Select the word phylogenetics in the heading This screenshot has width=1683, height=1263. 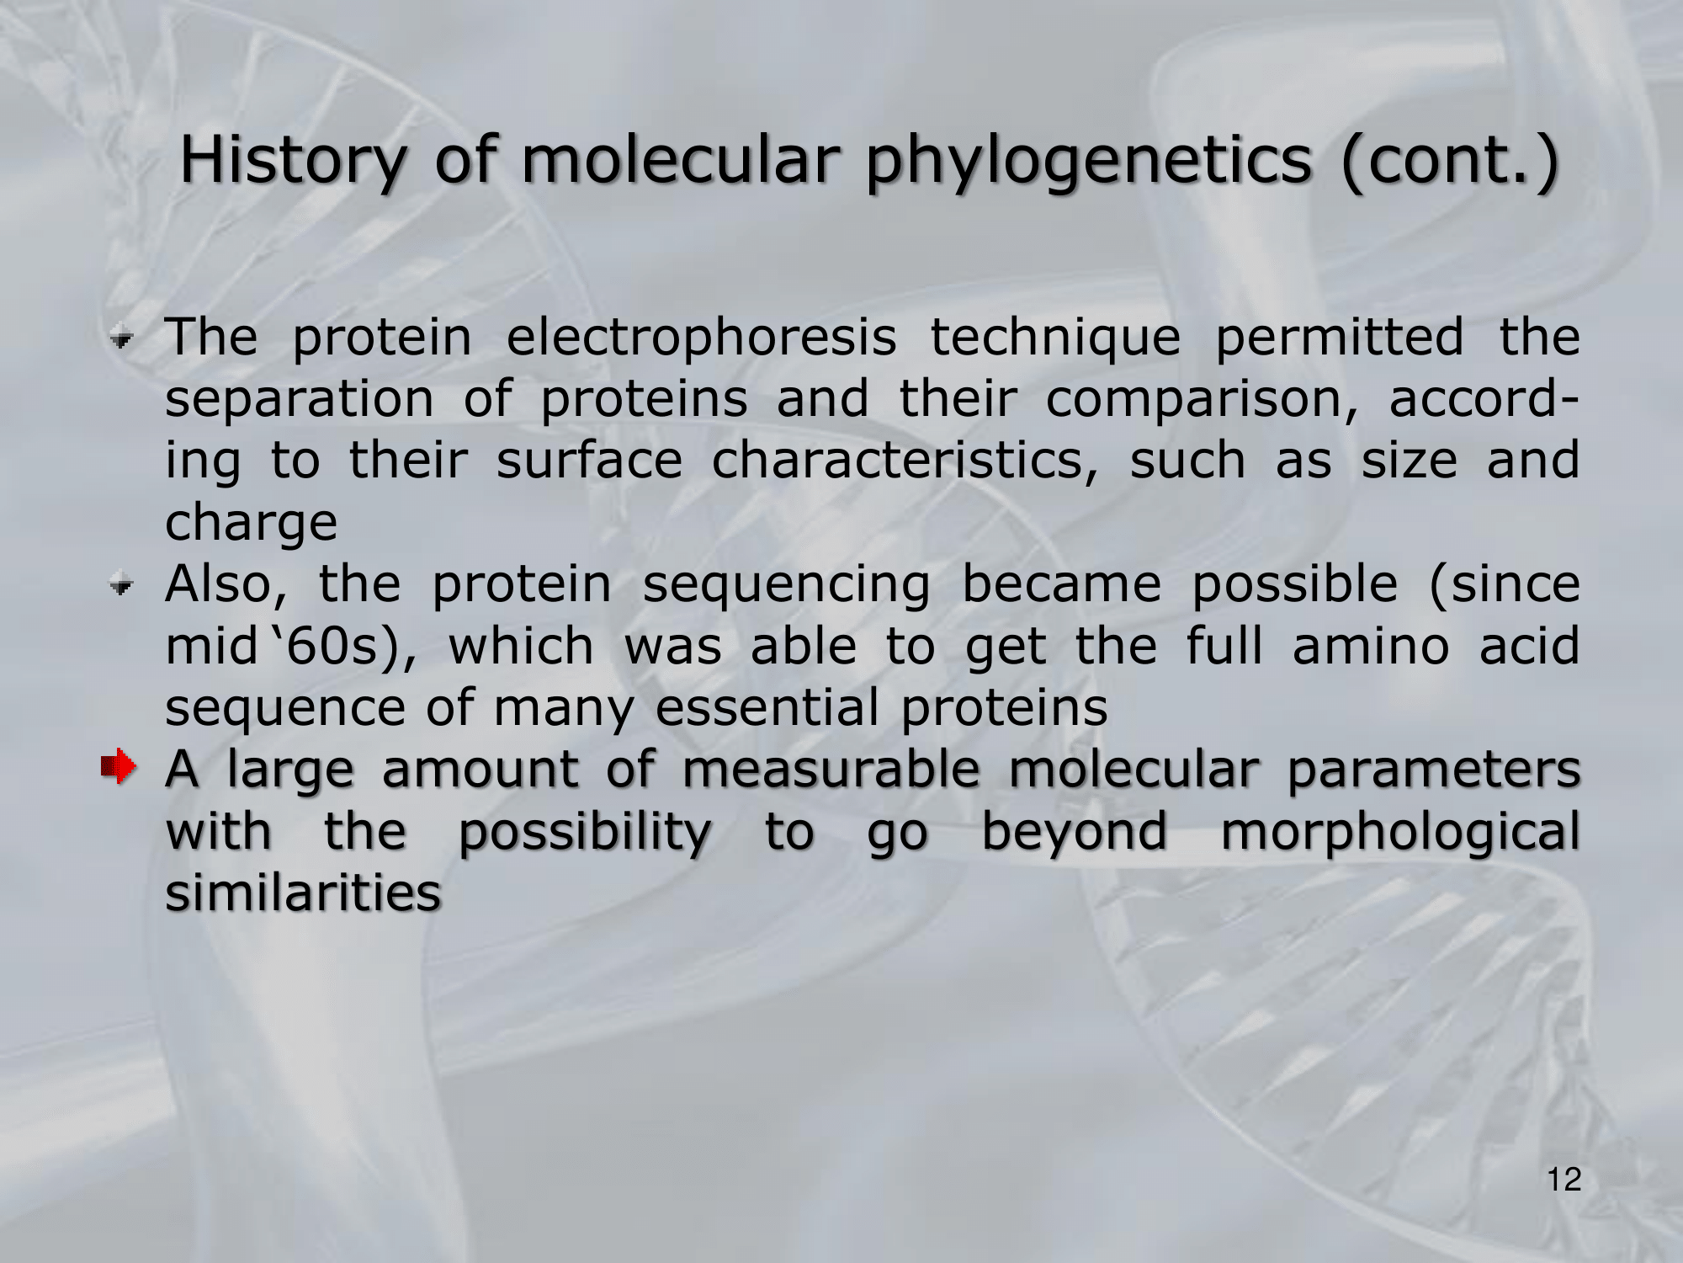(1088, 162)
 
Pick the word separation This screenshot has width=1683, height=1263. (300, 398)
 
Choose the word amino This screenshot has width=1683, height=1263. (1371, 647)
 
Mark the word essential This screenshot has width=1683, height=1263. (767, 708)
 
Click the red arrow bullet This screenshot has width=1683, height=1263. (117, 766)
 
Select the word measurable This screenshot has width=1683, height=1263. (831, 769)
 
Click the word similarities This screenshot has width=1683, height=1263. (303, 893)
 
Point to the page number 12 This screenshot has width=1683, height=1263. (1564, 1180)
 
